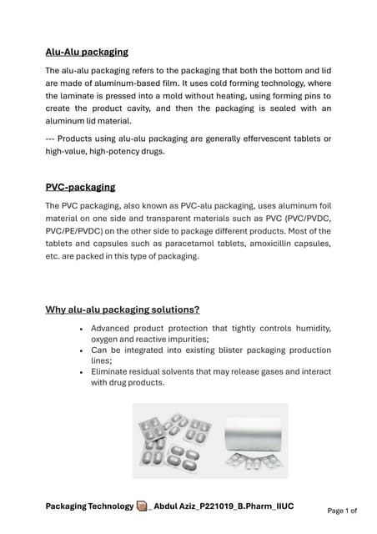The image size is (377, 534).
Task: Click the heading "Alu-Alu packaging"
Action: click(87, 52)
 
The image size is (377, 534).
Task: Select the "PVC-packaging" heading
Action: click(80, 187)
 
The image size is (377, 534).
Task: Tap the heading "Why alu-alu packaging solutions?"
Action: click(122, 310)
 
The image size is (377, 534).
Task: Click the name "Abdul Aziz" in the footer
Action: click(182, 506)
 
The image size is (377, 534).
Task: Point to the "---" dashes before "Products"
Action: click(53, 139)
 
